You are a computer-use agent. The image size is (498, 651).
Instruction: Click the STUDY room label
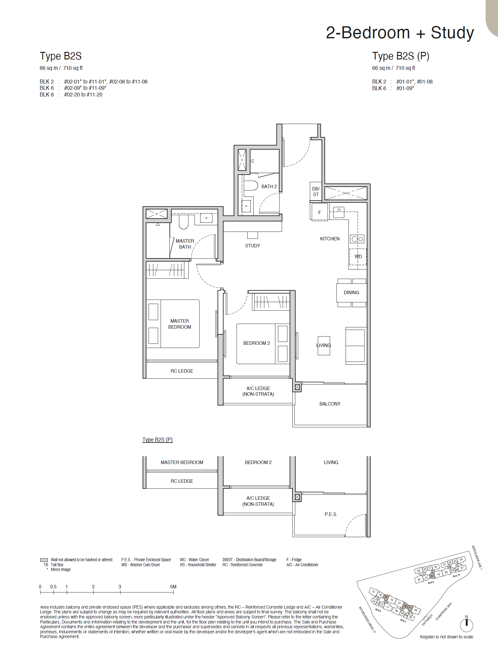pyautogui.click(x=252, y=246)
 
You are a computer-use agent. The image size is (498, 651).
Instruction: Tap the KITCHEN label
pyautogui.click(x=329, y=239)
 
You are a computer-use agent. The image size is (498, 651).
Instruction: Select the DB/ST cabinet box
pyautogui.click(x=316, y=191)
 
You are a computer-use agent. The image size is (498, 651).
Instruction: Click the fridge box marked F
pyautogui.click(x=319, y=212)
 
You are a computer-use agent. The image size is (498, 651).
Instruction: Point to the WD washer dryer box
pyautogui.click(x=358, y=257)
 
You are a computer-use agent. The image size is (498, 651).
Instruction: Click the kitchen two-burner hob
pyautogui.click(x=357, y=239)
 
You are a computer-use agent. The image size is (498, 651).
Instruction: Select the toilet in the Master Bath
pyautogui.click(x=183, y=222)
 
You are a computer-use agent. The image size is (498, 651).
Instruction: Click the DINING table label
pyautogui.click(x=351, y=293)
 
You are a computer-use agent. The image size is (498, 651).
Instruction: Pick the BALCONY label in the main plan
pyautogui.click(x=330, y=404)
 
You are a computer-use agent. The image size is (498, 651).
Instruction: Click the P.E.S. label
pyautogui.click(x=331, y=514)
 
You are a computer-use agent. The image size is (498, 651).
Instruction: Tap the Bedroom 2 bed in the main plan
pyautogui.click(x=256, y=344)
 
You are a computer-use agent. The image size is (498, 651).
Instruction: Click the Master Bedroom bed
pyautogui.click(x=180, y=324)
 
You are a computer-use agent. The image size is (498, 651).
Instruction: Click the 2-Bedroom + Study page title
pyautogui.click(x=400, y=33)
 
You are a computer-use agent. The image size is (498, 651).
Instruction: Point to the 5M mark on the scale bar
pyautogui.click(x=173, y=587)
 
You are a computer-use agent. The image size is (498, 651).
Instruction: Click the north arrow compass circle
pyautogui.click(x=466, y=625)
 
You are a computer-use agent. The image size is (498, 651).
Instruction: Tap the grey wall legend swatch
pyautogui.click(x=44, y=560)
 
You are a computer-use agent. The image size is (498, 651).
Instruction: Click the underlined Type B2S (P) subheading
pyautogui.click(x=157, y=440)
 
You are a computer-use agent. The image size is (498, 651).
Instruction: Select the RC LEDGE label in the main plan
pyautogui.click(x=182, y=371)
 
